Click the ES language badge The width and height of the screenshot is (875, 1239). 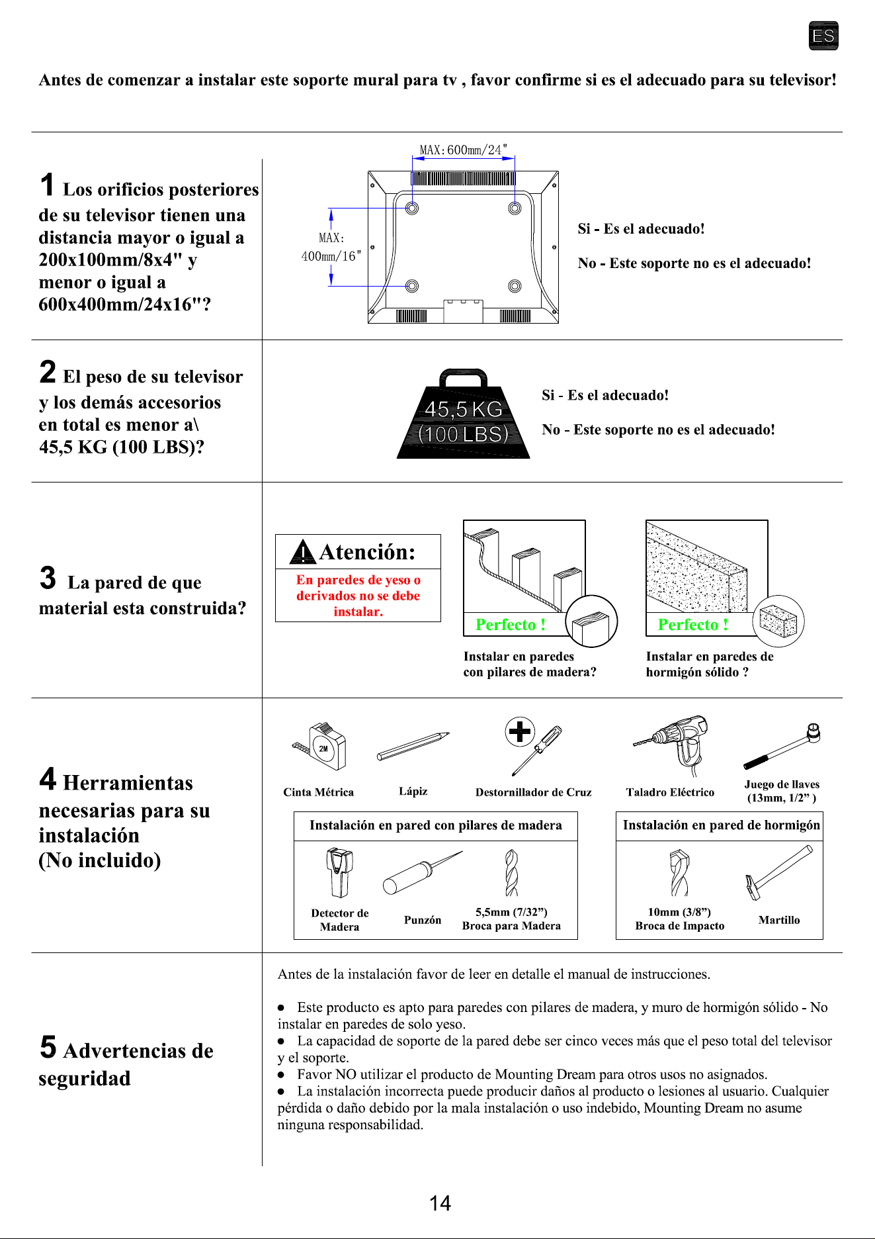823,36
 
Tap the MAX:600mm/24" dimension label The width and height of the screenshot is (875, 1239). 464,150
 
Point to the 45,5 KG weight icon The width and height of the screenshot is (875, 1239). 464,414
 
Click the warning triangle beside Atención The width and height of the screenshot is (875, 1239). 303,552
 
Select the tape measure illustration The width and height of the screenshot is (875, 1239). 321,746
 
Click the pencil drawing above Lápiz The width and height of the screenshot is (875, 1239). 413,747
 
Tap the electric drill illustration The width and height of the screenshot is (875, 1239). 672,745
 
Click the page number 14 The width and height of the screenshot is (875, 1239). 440,1203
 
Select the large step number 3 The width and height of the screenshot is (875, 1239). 48,578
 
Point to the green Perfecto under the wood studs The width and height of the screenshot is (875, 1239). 511,625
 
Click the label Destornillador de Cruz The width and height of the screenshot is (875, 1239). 534,792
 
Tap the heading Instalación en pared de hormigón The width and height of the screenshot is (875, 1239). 721,825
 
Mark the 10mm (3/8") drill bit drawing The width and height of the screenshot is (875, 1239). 679,873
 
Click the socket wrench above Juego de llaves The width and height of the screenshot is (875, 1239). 782,746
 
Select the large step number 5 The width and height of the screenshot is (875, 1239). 48,1046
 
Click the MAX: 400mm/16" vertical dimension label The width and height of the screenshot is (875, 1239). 331,247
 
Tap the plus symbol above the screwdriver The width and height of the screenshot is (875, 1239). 520,731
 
